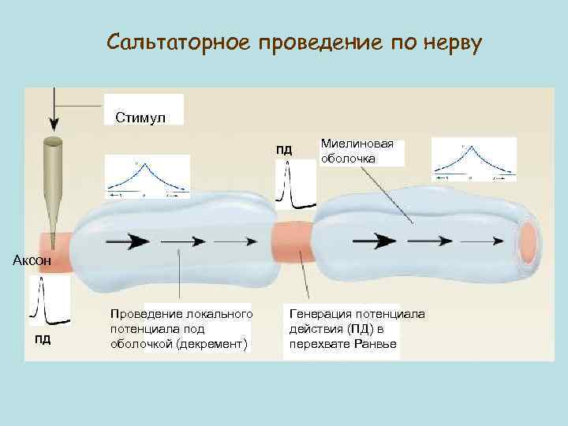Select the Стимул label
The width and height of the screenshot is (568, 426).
point(140,118)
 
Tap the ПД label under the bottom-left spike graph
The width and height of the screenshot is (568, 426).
point(43,339)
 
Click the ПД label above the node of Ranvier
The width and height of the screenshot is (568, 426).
point(283,150)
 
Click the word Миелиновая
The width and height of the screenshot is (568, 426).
point(357,145)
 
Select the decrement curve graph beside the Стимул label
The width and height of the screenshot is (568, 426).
point(147,176)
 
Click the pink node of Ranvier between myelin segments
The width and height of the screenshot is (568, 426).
point(292,245)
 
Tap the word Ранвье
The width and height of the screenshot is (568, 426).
point(376,345)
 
